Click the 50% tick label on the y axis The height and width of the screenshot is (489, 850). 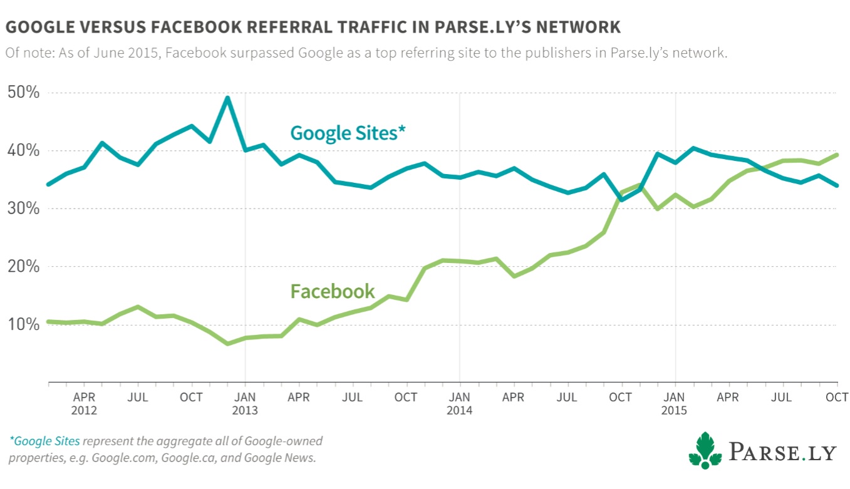coord(23,93)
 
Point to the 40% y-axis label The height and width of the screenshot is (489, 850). coord(23,151)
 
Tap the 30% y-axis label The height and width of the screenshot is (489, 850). coord(23,208)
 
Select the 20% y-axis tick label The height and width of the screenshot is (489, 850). coord(23,267)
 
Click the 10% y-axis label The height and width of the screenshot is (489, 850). coord(23,324)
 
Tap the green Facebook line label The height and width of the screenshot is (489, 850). coord(333,291)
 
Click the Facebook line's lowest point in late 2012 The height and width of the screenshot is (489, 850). coord(227,343)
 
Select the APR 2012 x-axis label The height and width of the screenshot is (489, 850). coord(84,404)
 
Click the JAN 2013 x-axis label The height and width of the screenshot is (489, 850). coord(245,404)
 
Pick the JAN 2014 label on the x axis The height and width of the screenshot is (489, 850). coord(460,404)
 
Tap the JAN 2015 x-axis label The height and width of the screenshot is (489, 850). coord(675,404)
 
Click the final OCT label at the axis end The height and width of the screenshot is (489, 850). coord(837,398)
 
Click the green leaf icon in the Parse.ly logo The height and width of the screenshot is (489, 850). coord(705,450)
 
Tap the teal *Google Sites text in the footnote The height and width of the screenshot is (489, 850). coord(44,441)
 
